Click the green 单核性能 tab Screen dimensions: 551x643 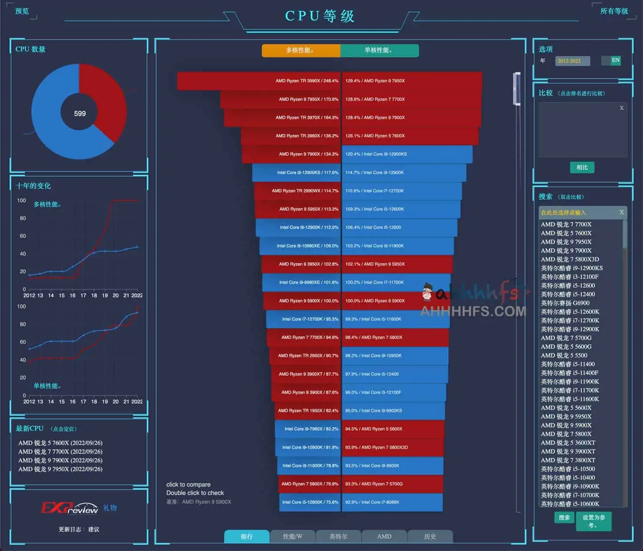click(379, 50)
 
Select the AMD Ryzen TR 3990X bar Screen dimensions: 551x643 click(259, 81)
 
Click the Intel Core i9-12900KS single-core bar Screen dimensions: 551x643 click(407, 154)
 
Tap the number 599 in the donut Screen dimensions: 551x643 click(80, 114)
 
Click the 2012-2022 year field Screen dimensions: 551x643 click(572, 61)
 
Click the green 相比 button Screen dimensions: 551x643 click(582, 167)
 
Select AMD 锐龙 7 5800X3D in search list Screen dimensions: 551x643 click(570, 259)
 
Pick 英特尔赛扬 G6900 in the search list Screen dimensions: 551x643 click(565, 303)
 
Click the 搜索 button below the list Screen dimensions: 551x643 click(564, 518)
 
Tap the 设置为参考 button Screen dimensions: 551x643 click(594, 521)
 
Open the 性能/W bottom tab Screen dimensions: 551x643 click(292, 536)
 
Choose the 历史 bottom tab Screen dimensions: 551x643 click(430, 536)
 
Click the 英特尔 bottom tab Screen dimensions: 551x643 click(338, 536)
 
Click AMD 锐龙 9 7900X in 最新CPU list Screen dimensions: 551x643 click(60, 460)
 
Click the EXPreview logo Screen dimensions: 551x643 click(69, 508)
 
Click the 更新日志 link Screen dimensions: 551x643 click(69, 529)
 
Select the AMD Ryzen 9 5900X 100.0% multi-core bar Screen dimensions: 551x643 click(302, 301)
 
